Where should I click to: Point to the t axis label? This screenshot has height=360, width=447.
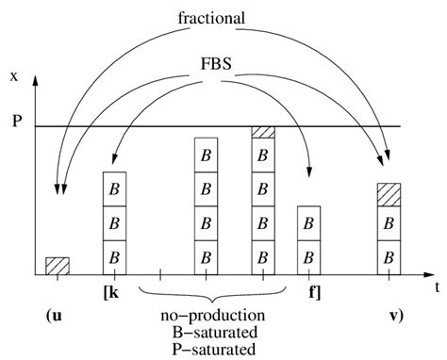437,288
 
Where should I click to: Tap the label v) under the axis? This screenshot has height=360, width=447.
394,315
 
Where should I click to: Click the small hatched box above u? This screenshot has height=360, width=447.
57,266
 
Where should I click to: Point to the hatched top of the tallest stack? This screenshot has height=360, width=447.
263,132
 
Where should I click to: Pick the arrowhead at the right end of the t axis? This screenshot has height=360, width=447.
425,274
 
